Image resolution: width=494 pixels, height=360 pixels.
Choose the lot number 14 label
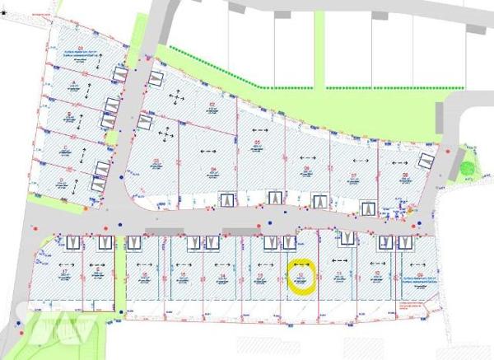(223, 277)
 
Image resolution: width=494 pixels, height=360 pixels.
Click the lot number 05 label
(257, 143)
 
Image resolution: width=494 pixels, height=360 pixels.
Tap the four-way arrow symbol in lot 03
(166, 133)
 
